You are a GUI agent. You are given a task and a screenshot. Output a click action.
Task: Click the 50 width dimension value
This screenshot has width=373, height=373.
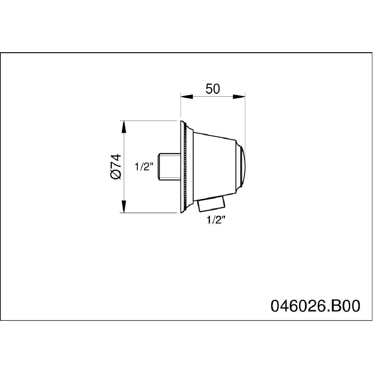click(x=213, y=89)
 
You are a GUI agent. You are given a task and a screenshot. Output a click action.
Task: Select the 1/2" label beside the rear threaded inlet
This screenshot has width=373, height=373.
click(x=144, y=167)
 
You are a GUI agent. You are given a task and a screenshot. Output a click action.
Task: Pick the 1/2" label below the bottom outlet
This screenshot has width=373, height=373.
click(x=217, y=220)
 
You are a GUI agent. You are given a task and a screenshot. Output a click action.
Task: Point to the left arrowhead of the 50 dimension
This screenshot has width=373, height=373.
click(x=187, y=97)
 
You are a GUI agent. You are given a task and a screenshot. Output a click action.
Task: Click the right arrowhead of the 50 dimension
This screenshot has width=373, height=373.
click(x=239, y=97)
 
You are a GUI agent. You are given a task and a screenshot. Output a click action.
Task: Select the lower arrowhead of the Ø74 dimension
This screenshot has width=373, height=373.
click(x=124, y=206)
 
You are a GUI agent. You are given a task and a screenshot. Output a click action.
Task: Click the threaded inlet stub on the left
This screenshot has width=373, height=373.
click(x=169, y=167)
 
